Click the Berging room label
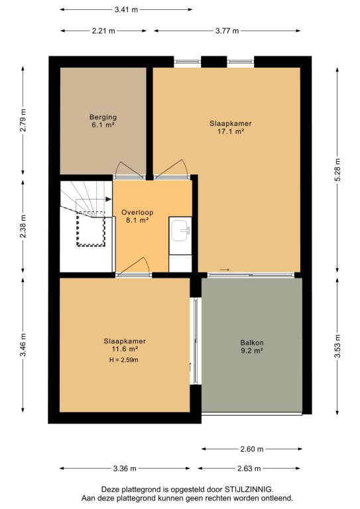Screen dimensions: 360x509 [x=103, y=117]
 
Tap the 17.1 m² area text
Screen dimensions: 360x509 [x=231, y=131]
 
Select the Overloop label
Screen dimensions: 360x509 [x=137, y=212]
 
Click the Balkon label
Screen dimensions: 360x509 [x=252, y=343]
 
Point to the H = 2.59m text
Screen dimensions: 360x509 [x=124, y=360]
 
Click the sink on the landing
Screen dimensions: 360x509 [x=180, y=231]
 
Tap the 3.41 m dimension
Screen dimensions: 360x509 [x=126, y=10]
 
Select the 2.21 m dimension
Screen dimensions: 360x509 [x=103, y=31]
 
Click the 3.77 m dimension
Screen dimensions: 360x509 [x=227, y=31]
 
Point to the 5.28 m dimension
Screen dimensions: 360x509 [x=337, y=170]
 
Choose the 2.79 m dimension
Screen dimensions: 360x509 [x=23, y=120]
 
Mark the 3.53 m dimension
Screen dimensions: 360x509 [x=337, y=346]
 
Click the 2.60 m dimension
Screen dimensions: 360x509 [x=252, y=449]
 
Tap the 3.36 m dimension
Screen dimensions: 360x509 [x=125, y=469]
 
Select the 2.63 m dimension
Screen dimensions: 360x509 [x=249, y=469]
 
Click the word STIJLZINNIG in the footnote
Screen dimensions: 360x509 [x=249, y=489]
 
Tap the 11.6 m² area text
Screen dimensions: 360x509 [x=125, y=349]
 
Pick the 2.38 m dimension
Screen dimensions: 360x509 [x=23, y=226]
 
